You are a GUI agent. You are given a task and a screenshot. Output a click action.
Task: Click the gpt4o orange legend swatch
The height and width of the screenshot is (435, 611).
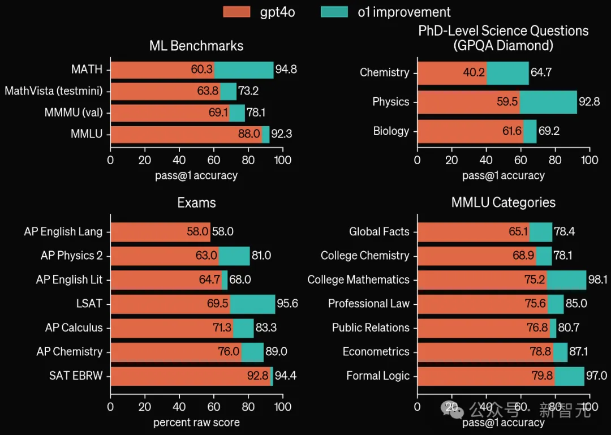[236, 12]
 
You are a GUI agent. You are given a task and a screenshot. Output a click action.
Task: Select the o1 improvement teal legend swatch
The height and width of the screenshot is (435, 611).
[334, 12]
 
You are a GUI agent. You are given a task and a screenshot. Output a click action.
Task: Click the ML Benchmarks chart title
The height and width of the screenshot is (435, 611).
[196, 46]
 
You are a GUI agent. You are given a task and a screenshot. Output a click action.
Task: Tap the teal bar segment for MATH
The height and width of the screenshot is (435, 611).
[244, 70]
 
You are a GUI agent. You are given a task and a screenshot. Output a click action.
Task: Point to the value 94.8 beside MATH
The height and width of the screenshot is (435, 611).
[286, 70]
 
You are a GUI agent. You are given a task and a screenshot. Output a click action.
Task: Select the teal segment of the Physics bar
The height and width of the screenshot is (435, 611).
[548, 102]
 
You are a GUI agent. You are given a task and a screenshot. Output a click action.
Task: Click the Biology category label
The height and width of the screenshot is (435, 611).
[391, 131]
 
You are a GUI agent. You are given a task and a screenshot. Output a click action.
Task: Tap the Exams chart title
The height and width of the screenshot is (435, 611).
[196, 203]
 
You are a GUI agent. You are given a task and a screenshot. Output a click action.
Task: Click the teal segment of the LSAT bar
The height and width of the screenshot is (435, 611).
[252, 304]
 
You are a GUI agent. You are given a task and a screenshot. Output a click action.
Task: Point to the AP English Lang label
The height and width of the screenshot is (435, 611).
[63, 231]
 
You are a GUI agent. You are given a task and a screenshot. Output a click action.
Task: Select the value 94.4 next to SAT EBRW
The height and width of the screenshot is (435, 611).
[286, 376]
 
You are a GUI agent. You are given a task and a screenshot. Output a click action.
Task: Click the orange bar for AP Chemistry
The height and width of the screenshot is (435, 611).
[175, 352]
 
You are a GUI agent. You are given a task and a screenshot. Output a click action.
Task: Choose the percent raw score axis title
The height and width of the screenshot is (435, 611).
[196, 423]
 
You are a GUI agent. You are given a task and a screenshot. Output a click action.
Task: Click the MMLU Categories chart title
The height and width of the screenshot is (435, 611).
[504, 203]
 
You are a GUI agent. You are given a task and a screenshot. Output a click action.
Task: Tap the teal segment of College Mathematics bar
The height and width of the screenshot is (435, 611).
[566, 280]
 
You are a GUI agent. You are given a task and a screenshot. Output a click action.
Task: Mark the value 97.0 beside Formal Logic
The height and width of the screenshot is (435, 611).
[597, 376]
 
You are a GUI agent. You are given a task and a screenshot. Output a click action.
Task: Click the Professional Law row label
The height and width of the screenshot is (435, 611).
[368, 304]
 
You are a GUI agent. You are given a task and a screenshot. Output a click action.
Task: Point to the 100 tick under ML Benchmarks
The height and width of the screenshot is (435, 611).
[283, 160]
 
